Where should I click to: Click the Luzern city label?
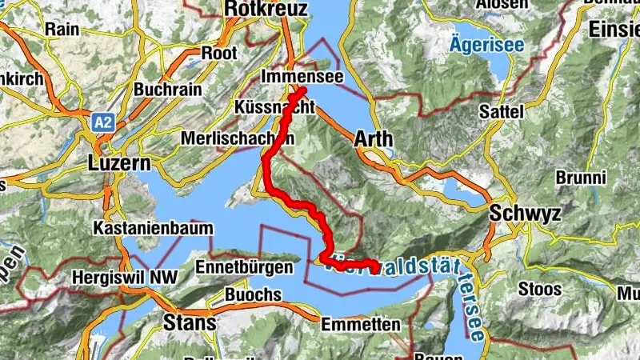click(118, 164)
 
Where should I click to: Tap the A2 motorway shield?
click(102, 122)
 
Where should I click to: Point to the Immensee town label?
click(302, 76)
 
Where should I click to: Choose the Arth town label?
click(373, 138)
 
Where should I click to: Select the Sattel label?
click(502, 112)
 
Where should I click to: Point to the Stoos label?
click(541, 286)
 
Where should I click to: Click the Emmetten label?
click(360, 325)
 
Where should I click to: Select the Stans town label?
click(189, 323)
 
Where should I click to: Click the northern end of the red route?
click(303, 92)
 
